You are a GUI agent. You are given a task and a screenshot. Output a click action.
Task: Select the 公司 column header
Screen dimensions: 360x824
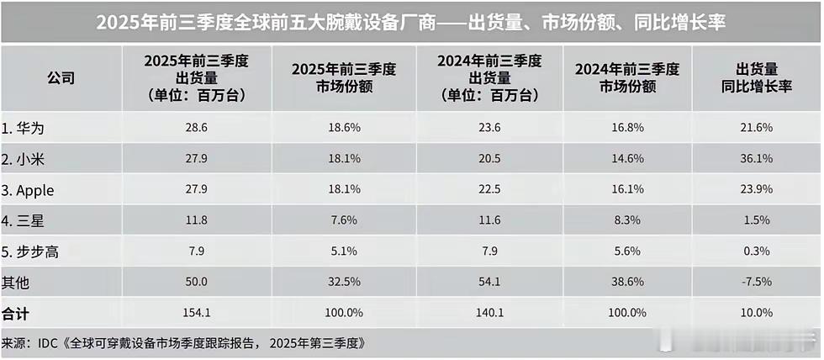[61, 78]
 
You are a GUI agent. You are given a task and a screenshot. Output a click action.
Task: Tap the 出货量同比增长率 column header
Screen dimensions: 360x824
[757, 78]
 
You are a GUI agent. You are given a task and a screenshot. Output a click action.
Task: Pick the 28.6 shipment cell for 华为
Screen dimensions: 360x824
[195, 128]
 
